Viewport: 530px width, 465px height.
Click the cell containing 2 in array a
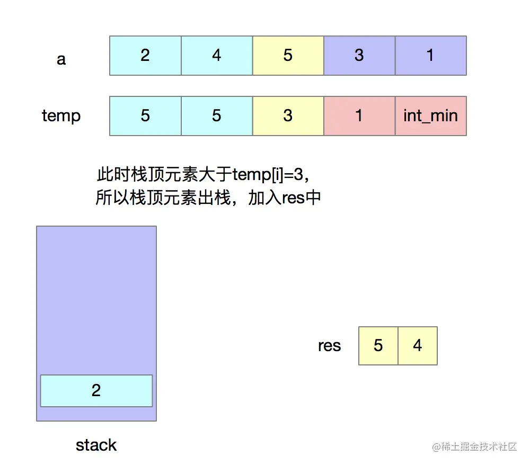coord(145,56)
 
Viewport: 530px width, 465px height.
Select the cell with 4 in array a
coord(217,56)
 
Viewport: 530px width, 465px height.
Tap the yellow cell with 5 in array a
coord(288,56)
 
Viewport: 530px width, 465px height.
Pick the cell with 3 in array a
coord(359,56)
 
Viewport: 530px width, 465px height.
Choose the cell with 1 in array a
coord(430,56)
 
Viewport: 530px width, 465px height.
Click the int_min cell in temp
coord(430,116)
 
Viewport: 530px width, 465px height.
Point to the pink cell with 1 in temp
coord(359,116)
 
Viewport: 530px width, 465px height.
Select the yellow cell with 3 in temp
coord(288,116)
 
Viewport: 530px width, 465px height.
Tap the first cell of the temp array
coord(145,116)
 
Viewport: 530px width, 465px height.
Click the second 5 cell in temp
coord(217,116)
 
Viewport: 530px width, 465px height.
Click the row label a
coord(61,58)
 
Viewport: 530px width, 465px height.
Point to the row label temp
coord(61,116)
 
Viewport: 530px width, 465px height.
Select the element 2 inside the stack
coord(96,391)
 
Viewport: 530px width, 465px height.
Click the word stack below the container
coord(96,445)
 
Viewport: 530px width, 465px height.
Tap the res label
coord(329,346)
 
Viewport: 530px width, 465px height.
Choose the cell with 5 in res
coord(378,346)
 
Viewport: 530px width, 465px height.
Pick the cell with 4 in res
coord(418,346)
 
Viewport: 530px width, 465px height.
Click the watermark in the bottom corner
coord(474,447)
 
